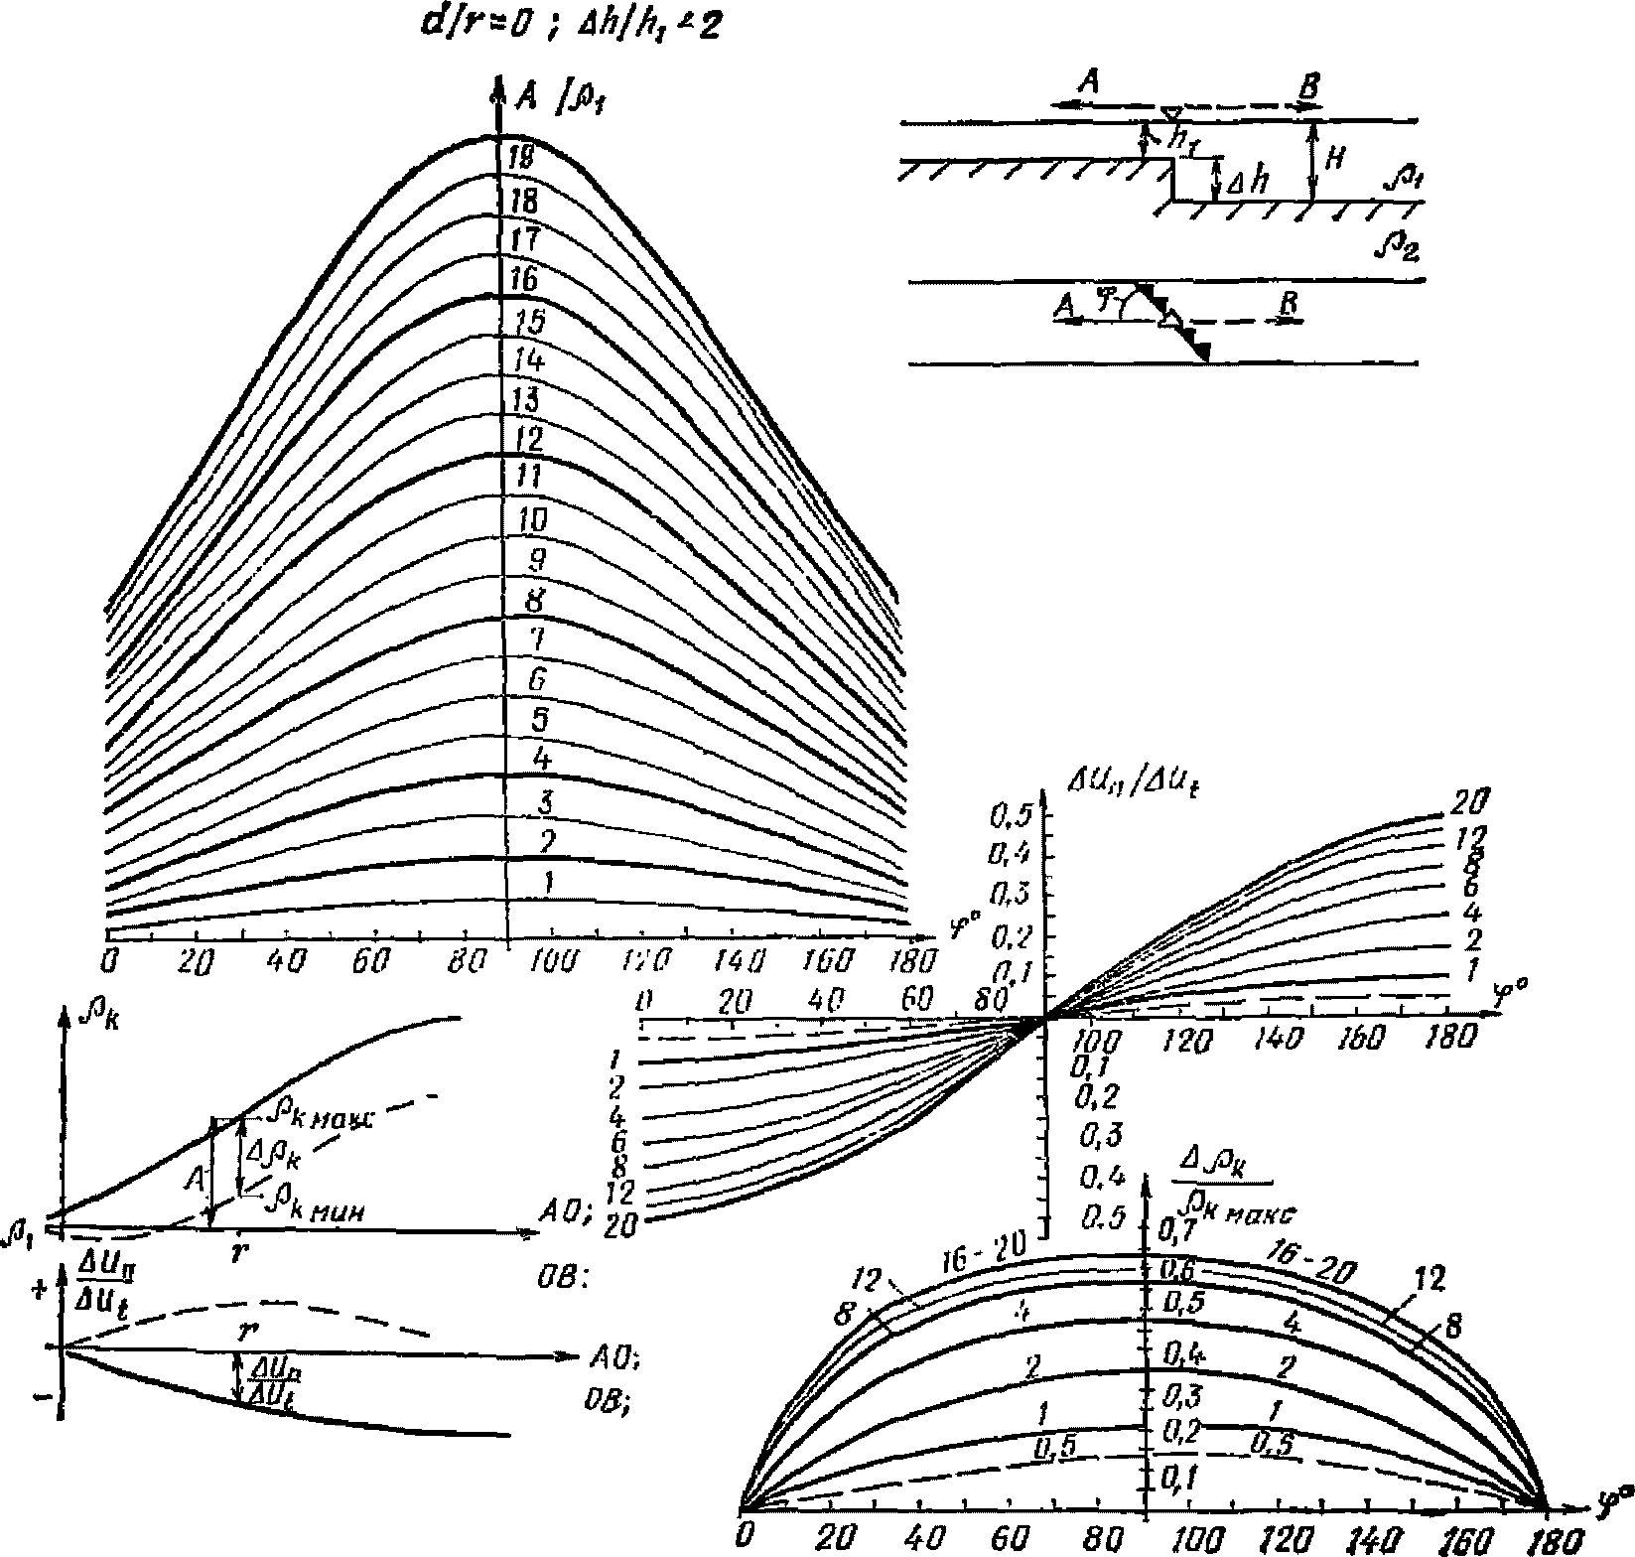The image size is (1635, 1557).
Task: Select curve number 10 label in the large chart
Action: tap(532, 518)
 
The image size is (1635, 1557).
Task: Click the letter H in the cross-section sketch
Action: tap(1335, 159)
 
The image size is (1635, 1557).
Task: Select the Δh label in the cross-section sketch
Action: tap(1245, 184)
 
